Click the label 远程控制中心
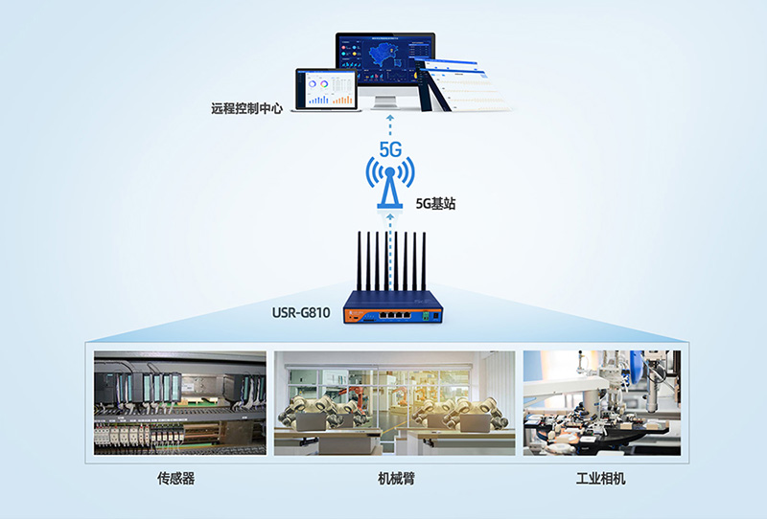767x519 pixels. [246, 109]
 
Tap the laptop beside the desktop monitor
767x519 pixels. [326, 89]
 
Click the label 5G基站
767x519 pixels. [434, 203]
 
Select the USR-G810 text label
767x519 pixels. [304, 312]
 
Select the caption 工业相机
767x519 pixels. [600, 478]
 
